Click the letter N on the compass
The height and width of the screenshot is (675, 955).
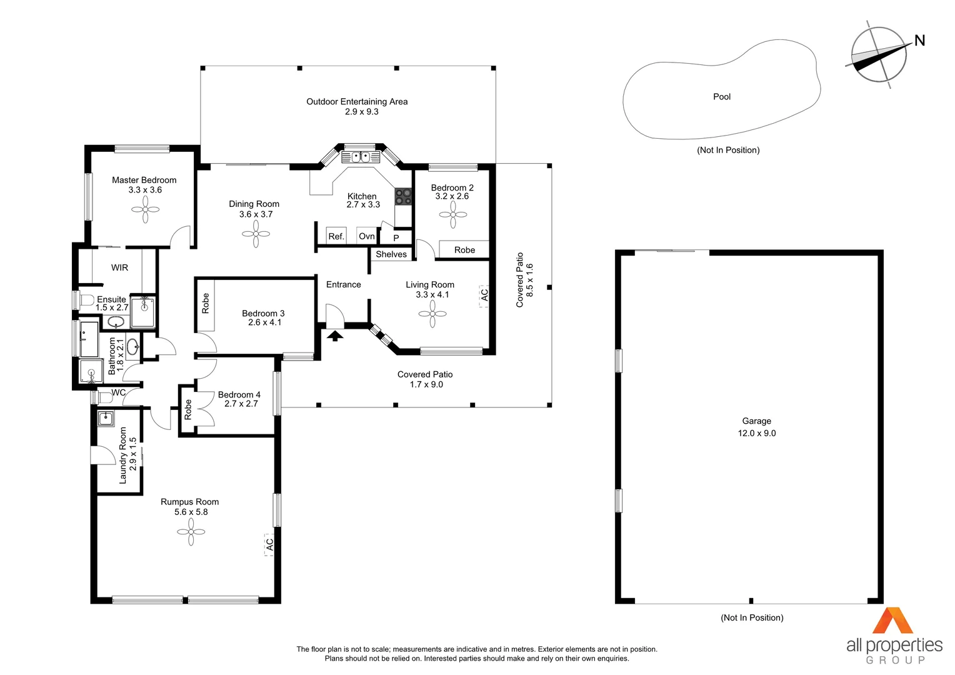coord(919,41)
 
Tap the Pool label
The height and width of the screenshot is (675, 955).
coord(722,97)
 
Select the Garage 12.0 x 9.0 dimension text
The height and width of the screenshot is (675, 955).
coord(757,433)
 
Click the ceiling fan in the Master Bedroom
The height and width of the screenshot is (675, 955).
coord(146,209)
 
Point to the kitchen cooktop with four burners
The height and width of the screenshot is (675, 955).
coord(403,197)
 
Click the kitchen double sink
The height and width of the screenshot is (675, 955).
coord(361,157)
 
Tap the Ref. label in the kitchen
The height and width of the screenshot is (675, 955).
coord(336,236)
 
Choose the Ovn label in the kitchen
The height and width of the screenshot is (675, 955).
coord(367,236)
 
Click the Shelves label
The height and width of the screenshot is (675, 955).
coord(391,254)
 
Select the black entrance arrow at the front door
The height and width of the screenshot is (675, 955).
coord(335,336)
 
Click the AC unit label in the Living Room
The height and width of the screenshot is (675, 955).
coord(484,295)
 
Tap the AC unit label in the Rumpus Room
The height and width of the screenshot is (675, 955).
coord(269,544)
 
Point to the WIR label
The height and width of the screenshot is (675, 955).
coord(119,267)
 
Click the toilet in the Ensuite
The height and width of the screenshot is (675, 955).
coord(86,300)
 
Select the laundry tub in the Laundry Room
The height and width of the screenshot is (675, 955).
coord(105,418)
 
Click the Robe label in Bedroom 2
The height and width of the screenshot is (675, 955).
coord(464,250)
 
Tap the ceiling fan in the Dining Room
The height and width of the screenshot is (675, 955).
coord(256,234)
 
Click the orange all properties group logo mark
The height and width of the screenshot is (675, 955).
coord(892,621)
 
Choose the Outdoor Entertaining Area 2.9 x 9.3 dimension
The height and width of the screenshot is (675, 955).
coord(361,112)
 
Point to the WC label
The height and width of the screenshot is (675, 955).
coord(119,392)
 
